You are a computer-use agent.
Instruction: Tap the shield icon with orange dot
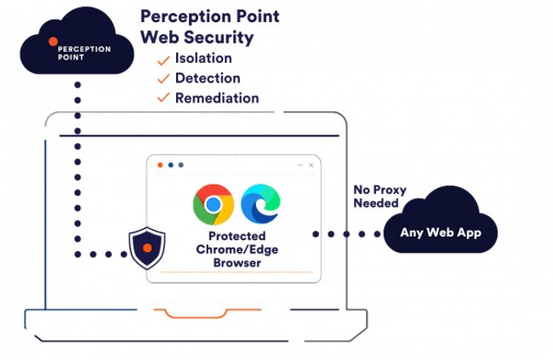(147, 248)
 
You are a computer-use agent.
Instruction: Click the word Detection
(207, 78)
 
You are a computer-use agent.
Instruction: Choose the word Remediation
(217, 98)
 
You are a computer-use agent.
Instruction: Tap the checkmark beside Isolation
(162, 59)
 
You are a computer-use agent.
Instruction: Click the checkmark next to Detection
(162, 78)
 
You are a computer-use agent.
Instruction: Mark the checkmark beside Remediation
(162, 98)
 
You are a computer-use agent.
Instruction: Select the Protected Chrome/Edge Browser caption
(234, 249)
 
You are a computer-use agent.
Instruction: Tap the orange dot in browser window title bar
(158, 165)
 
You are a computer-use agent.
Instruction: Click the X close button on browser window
(311, 165)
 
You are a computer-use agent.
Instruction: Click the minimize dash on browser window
(299, 165)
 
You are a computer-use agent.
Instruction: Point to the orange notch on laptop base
(196, 312)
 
